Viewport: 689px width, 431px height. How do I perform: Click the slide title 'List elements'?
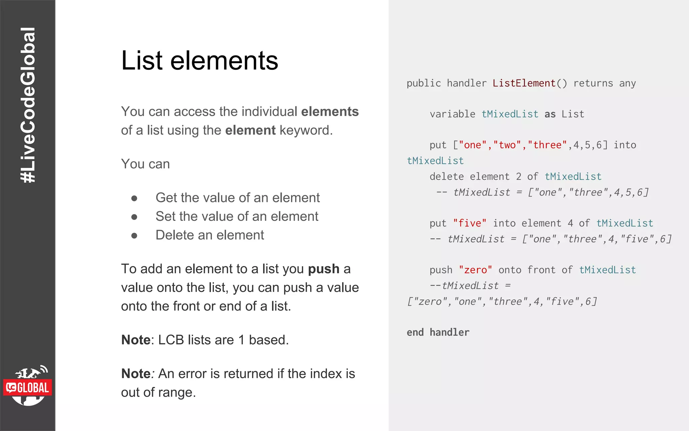(x=200, y=61)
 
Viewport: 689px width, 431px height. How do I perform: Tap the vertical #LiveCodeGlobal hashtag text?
(x=28, y=105)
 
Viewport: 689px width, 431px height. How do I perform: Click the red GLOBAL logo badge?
(x=28, y=388)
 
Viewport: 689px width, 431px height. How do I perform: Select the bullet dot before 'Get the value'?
(x=134, y=198)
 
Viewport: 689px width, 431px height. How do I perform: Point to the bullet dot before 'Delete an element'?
(x=134, y=236)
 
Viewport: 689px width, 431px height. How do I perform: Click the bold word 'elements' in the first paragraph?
(x=330, y=111)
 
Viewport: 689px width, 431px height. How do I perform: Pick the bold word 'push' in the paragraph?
(x=324, y=269)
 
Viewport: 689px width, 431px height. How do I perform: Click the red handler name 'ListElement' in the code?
(x=524, y=83)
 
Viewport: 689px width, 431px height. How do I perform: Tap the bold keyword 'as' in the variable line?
(x=550, y=114)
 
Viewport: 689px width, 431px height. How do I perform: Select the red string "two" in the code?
(x=507, y=145)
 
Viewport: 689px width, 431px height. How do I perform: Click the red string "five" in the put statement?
(x=470, y=223)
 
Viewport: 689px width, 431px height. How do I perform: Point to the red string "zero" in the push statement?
(x=475, y=270)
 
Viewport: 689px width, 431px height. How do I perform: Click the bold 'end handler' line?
(x=438, y=332)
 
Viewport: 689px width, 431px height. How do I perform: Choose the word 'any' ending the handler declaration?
(x=627, y=83)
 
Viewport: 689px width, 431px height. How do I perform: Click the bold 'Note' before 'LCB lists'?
(x=136, y=340)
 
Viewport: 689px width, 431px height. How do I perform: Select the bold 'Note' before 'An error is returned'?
(x=136, y=373)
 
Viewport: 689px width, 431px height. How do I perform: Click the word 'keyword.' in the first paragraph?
(x=306, y=130)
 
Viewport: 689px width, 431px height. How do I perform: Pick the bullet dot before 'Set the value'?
(x=134, y=217)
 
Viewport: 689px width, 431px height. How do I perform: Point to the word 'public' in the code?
(x=424, y=83)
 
